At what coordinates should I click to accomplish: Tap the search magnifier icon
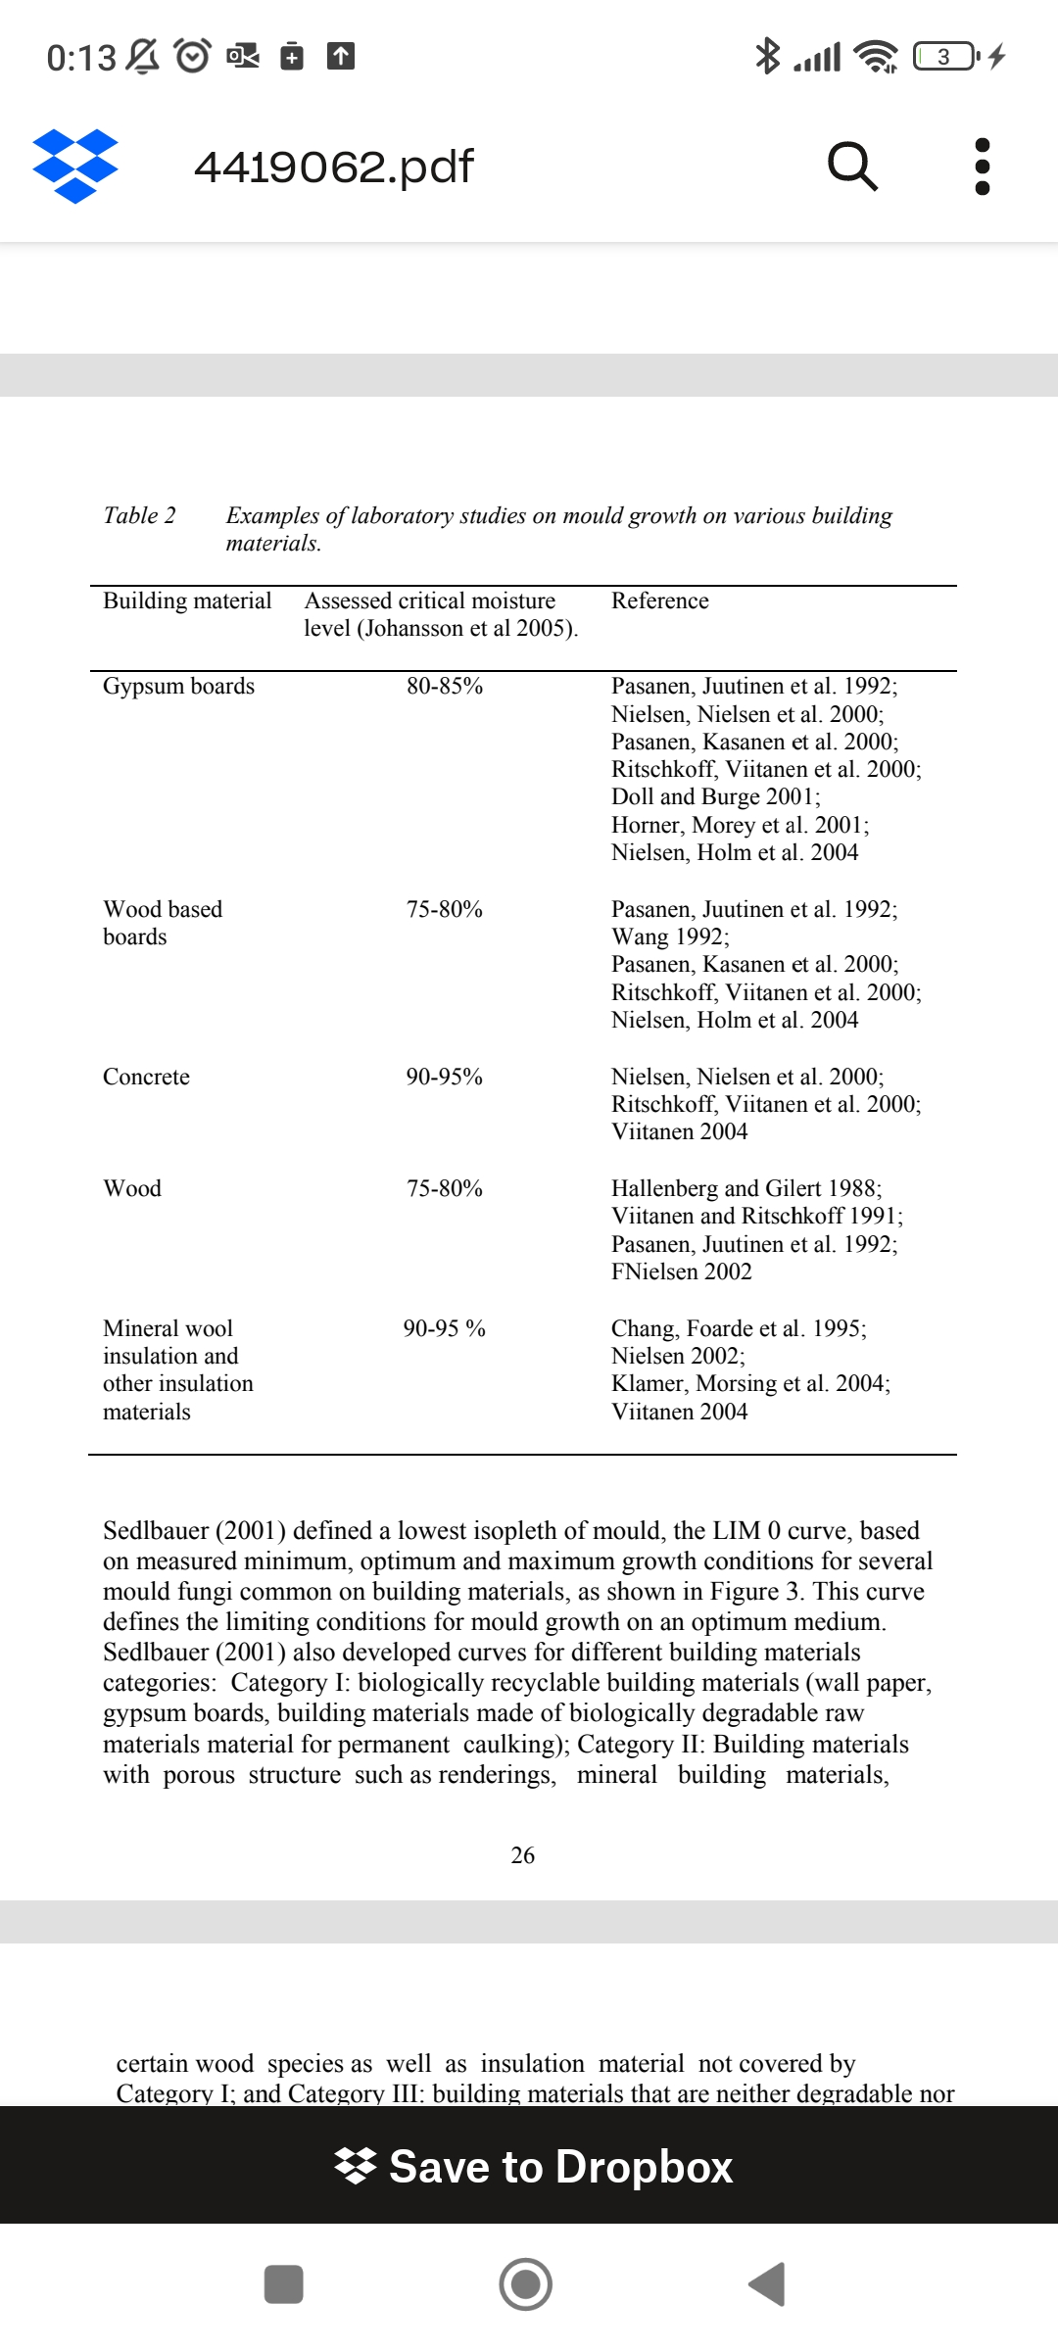(852, 166)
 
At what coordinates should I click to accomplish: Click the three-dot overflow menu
(983, 166)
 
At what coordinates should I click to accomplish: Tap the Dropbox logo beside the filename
(75, 166)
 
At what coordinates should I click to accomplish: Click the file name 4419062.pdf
(334, 167)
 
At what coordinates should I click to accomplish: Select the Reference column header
(660, 600)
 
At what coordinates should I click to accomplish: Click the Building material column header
(187, 600)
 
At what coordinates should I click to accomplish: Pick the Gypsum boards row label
(178, 686)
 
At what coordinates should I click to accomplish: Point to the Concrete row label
(146, 1077)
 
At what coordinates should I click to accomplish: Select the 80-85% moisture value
(445, 686)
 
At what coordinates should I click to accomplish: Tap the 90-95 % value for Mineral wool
(445, 1328)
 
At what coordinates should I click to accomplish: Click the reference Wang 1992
(670, 936)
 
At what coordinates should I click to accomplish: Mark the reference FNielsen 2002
(682, 1271)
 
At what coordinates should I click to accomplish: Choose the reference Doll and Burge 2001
(715, 796)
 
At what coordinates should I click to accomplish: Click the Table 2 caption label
(139, 515)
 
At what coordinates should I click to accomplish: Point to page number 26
(523, 1854)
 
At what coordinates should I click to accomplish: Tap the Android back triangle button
(767, 2284)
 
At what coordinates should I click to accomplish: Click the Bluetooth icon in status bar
(767, 56)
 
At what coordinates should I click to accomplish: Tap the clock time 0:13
(81, 58)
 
